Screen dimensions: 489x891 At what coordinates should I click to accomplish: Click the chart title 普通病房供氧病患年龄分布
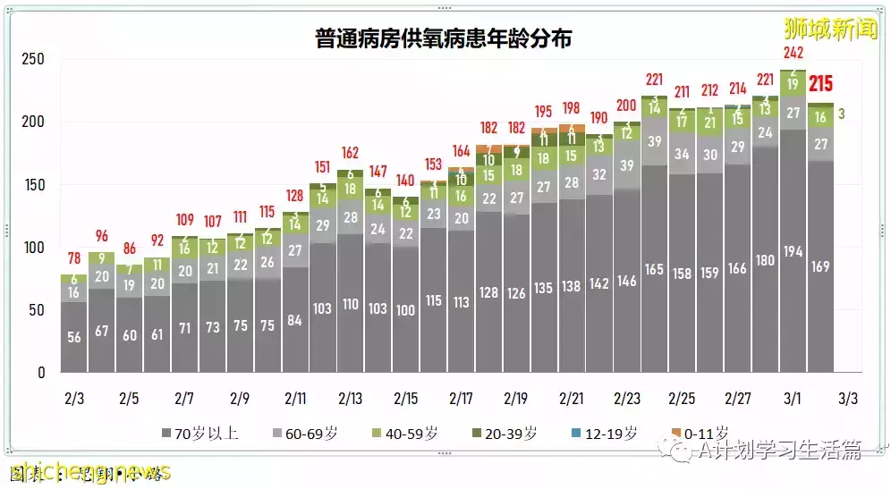tap(444, 38)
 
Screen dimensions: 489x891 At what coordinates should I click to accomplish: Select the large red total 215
tap(820, 85)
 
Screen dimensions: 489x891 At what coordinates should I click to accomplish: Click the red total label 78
tap(74, 259)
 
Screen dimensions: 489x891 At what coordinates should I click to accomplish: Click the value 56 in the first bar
tap(74, 336)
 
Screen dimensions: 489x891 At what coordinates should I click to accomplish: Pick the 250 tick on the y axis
tap(33, 60)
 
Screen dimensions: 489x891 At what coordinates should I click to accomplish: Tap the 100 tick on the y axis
tap(33, 248)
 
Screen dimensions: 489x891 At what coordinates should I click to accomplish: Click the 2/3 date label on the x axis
tap(74, 396)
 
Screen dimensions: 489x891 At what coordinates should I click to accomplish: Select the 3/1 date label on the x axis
tap(793, 396)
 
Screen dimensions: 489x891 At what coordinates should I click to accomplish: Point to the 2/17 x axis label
tap(462, 396)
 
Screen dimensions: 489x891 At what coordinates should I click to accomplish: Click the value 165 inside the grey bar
tap(655, 268)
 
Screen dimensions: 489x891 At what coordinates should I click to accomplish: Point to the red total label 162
tap(351, 152)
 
